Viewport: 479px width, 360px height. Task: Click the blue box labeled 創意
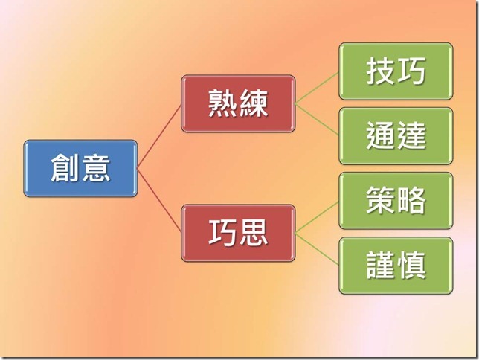tap(80, 168)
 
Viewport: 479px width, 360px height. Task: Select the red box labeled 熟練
tap(238, 103)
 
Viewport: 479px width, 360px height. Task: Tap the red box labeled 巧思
tap(238, 234)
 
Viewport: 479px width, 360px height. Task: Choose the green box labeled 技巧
tap(396, 71)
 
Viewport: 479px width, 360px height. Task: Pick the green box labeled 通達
tap(396, 135)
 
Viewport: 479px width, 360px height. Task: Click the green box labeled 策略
tap(396, 200)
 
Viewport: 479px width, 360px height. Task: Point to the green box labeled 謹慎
tap(396, 266)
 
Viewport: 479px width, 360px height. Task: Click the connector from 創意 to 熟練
tap(159, 136)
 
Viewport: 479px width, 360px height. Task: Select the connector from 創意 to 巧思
tap(159, 201)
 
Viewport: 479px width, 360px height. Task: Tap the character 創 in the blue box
tap(65, 168)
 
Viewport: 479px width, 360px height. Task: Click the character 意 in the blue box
tap(96, 168)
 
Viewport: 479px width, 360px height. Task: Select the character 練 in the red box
tap(254, 103)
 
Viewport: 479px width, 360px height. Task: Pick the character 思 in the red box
tap(254, 234)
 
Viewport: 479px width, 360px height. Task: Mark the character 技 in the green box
tap(381, 71)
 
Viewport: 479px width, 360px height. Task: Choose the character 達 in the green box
tap(411, 135)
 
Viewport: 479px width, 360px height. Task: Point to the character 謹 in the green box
tap(381, 266)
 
